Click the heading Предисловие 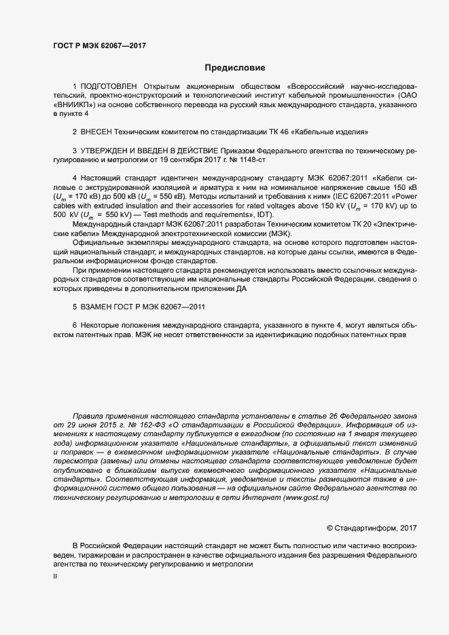click(x=235, y=68)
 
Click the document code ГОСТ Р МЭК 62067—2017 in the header click(x=100, y=46)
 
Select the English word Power click(x=405, y=195)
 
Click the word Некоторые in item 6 click(x=104, y=326)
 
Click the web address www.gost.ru click(x=306, y=497)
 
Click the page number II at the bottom click(x=55, y=576)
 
